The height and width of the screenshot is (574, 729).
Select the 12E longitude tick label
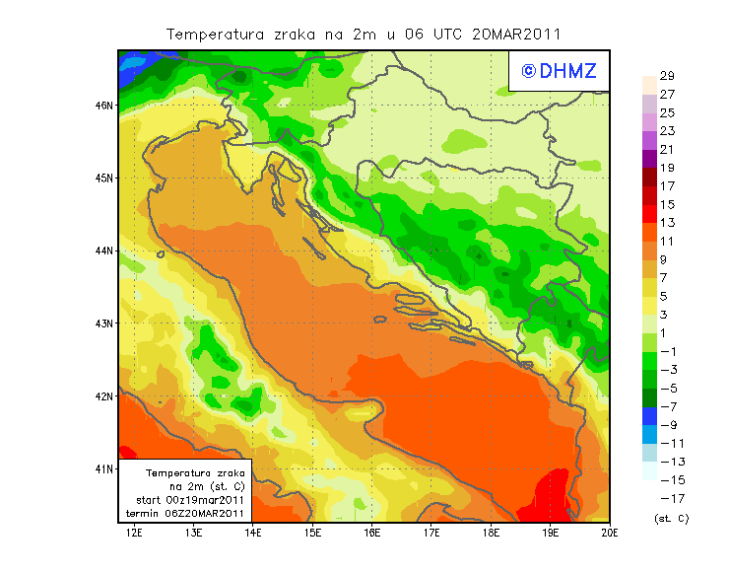134,533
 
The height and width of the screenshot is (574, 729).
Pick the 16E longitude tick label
372,533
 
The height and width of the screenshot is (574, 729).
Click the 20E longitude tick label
610,533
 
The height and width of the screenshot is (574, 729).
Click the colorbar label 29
667,76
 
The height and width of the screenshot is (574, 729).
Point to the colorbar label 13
667,223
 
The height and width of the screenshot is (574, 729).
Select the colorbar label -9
669,425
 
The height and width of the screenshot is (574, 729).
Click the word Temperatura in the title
215,34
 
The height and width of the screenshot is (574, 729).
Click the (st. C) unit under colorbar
671,518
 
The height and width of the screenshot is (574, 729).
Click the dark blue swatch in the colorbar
649,416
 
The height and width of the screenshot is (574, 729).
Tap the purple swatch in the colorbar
649,159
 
